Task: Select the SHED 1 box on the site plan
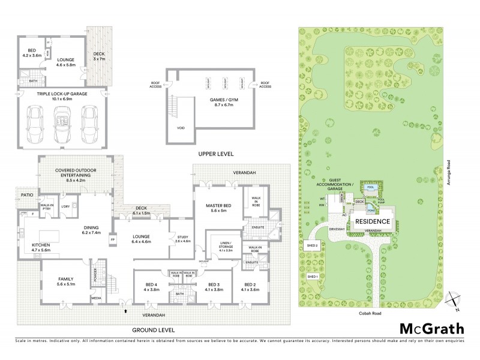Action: coord(311,277)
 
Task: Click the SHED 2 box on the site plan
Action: coord(311,245)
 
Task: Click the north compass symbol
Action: coord(456,301)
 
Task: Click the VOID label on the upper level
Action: coord(180,128)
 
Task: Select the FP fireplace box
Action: coord(112,241)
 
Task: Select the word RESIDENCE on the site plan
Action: coord(373,221)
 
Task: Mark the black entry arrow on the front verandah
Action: coord(125,310)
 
